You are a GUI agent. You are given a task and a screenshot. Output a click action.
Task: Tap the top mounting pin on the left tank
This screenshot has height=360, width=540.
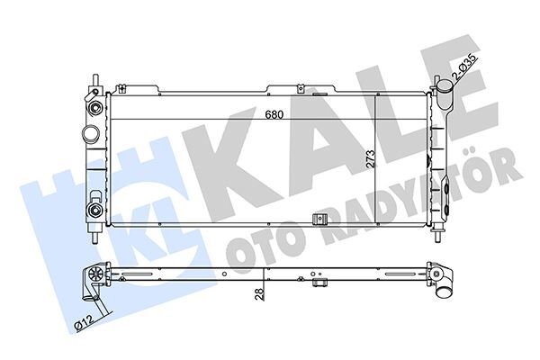(93, 76)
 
